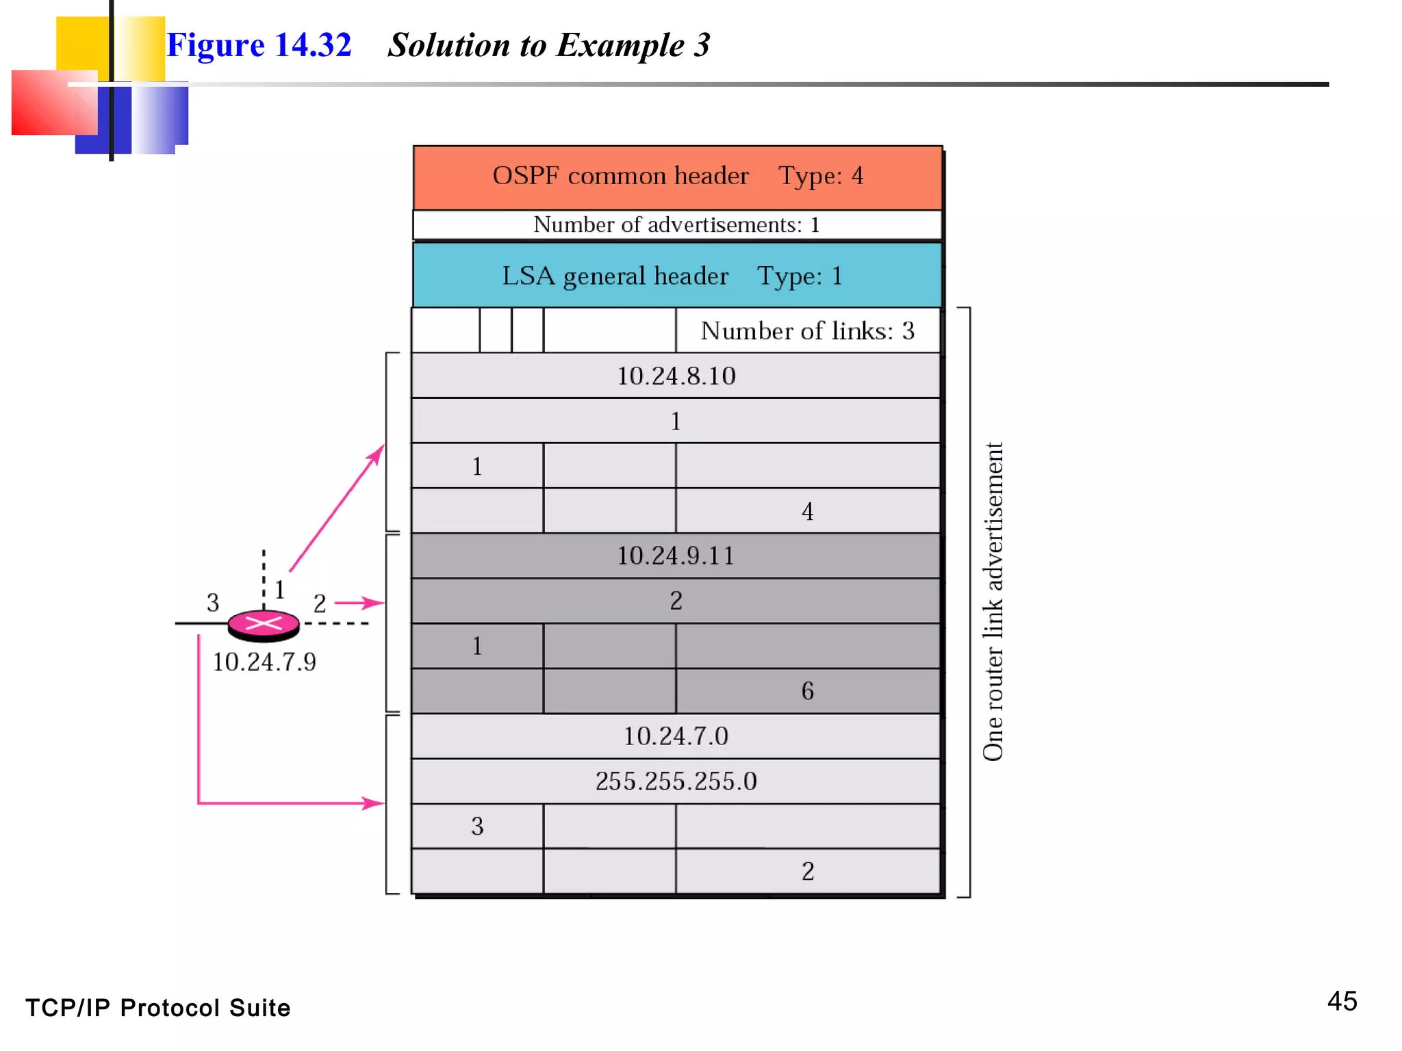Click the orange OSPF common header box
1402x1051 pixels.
point(678,177)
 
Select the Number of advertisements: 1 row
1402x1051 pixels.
point(676,225)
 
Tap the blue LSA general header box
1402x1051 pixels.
point(676,276)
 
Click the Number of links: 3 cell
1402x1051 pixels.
point(807,331)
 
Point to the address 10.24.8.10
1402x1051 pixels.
point(676,376)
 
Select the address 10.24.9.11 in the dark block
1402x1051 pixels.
point(676,556)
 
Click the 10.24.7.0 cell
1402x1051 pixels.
point(676,736)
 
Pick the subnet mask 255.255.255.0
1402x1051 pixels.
point(676,781)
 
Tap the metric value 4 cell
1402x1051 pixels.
point(807,511)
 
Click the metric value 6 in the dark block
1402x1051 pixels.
point(807,691)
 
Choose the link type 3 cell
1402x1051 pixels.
point(477,827)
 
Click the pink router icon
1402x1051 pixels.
point(264,624)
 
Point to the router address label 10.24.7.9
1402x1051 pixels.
point(264,662)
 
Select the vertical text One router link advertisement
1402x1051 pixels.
point(993,602)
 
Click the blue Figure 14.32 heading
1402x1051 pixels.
point(259,45)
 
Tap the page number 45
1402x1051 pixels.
point(1342,1002)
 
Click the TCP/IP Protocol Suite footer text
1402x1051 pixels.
point(158,1008)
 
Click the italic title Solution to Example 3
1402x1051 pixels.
point(549,45)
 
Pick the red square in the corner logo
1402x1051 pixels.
point(51,103)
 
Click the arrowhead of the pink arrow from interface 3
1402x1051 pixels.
point(375,803)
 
